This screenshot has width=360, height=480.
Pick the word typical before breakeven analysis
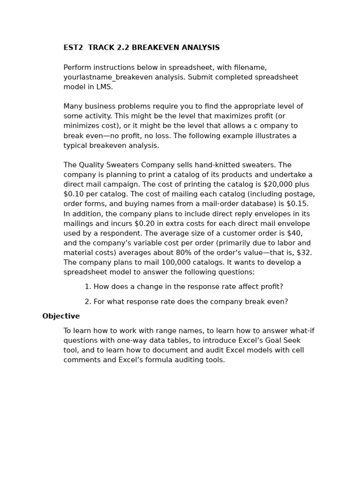coord(77,146)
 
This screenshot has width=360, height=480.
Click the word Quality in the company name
coord(92,165)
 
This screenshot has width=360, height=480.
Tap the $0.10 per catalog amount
coord(74,195)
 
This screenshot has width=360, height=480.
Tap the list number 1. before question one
coord(88,287)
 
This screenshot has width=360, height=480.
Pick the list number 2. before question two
coord(88,302)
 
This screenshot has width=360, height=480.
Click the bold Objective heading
coord(61,316)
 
